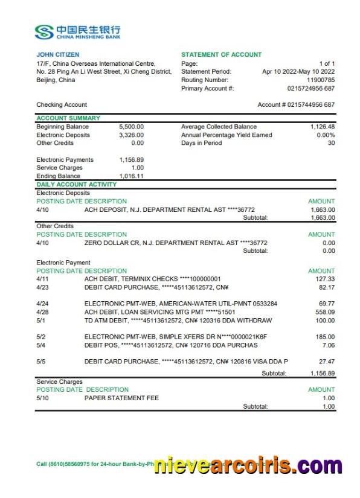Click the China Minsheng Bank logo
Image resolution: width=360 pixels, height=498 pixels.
pyautogui.click(x=78, y=31)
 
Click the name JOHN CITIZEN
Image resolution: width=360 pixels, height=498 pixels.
pyautogui.click(x=58, y=55)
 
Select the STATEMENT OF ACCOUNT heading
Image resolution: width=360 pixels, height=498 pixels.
pyautogui.click(x=221, y=55)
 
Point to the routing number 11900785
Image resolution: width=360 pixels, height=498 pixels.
pyautogui.click(x=321, y=80)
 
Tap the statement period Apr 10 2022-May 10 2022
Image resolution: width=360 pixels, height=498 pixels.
pyautogui.click(x=298, y=72)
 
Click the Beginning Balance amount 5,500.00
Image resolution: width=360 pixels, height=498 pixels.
pyautogui.click(x=132, y=127)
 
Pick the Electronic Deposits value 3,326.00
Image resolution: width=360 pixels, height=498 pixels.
pyautogui.click(x=132, y=135)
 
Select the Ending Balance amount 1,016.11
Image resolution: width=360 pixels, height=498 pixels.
pyautogui.click(x=132, y=176)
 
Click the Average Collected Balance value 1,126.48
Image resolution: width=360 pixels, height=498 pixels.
pyautogui.click(x=322, y=127)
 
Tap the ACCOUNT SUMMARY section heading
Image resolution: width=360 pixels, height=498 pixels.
pyautogui.click(x=68, y=118)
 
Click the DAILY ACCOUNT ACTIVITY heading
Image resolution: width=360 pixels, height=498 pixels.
pyautogui.click(x=77, y=184)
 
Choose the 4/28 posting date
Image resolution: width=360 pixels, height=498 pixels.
pyautogui.click(x=42, y=312)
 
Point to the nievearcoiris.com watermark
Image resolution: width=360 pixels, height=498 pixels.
pyautogui.click(x=248, y=465)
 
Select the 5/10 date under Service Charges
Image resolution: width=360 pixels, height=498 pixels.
pyautogui.click(x=42, y=398)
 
